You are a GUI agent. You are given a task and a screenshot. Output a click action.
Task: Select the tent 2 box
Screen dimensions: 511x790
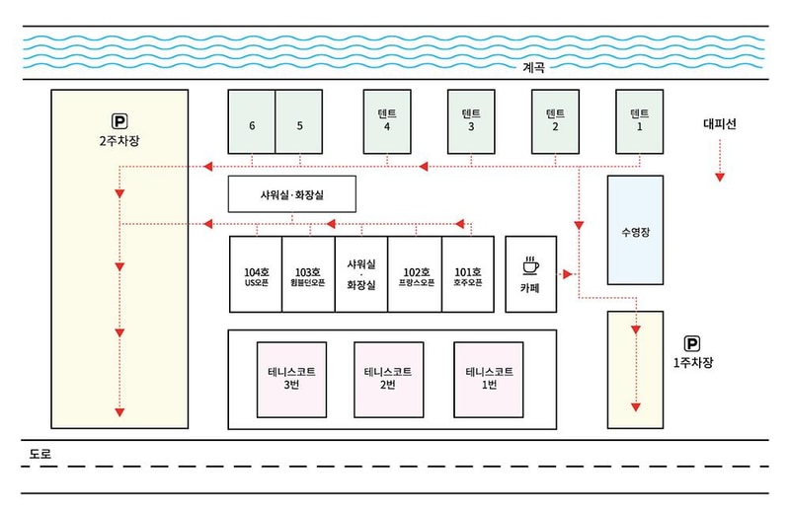point(555,121)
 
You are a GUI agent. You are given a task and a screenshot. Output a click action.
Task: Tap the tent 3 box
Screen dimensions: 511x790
point(471,121)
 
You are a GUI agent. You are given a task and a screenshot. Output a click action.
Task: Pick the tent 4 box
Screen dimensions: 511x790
point(387,121)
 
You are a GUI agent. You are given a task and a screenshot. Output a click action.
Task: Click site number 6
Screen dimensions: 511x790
point(252,122)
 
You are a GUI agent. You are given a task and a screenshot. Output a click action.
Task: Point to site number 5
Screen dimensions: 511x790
point(298,122)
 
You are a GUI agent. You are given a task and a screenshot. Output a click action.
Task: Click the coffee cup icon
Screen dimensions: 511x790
point(530,264)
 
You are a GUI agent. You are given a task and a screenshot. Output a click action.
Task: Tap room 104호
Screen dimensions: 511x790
point(256,275)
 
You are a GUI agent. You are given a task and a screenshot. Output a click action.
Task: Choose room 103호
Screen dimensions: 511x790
point(309,275)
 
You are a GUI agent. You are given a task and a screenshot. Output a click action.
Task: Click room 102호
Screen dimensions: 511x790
point(415,275)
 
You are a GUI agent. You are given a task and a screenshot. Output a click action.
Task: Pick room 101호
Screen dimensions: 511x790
point(467,275)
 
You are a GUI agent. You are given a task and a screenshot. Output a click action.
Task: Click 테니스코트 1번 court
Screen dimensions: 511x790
point(489,379)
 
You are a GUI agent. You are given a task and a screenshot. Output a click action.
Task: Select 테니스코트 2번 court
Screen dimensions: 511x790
point(388,379)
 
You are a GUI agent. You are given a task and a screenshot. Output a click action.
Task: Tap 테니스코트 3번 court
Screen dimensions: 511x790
point(290,379)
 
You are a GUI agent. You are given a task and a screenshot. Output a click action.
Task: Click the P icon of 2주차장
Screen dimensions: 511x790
point(119,121)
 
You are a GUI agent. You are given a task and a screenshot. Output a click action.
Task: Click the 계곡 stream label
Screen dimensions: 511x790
point(534,68)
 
